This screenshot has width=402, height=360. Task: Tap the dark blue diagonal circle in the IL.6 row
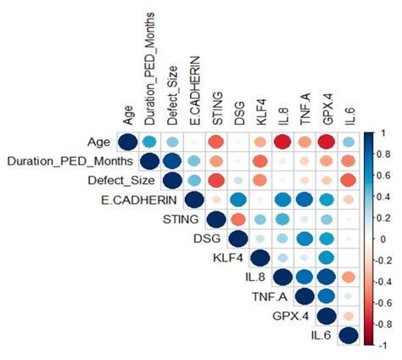click(348, 337)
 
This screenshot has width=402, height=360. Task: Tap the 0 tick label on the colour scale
click(382, 239)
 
